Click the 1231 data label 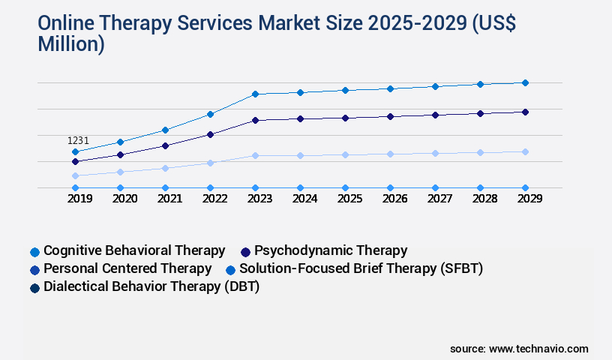click(78, 140)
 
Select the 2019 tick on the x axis click(75, 199)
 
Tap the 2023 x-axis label click(255, 199)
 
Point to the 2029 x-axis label click(525, 199)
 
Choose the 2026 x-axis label click(390, 199)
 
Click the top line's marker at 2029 click(525, 82)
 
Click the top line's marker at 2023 click(255, 94)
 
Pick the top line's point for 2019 click(75, 151)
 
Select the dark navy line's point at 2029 click(525, 112)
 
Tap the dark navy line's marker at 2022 click(210, 134)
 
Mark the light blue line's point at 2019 click(75, 175)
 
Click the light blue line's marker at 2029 click(525, 151)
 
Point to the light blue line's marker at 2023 click(255, 155)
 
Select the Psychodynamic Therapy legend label click(330, 250)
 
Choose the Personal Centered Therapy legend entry click(127, 268)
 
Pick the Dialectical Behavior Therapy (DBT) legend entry click(151, 286)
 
